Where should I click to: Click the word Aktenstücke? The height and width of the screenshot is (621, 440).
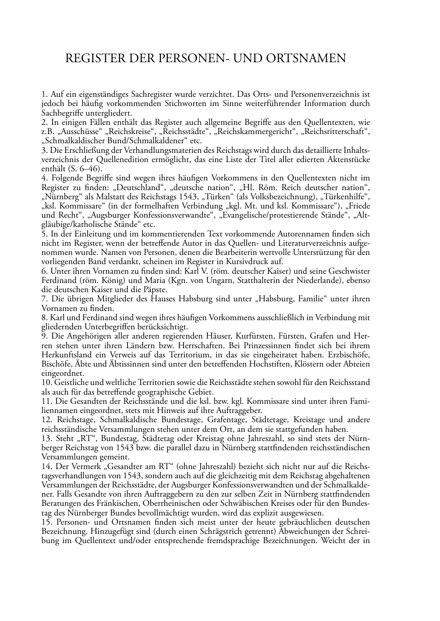point(349,159)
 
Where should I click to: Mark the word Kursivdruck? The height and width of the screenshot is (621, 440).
point(248,261)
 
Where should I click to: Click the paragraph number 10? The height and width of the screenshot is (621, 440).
point(45,383)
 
